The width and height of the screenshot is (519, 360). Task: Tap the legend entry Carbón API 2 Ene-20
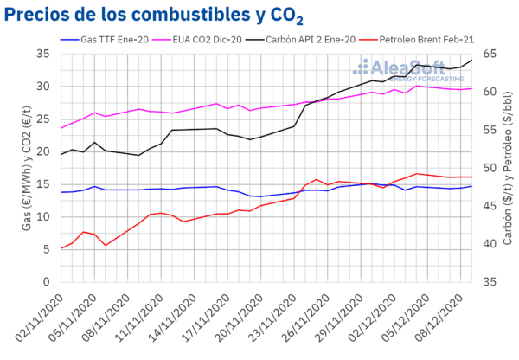tap(325, 39)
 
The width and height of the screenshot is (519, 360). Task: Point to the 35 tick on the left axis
tap(44, 54)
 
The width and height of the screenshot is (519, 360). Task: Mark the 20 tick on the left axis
tap(44, 151)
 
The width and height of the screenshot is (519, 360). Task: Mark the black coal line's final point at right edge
tap(471, 61)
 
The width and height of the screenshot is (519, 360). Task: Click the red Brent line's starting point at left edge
tap(61, 248)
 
